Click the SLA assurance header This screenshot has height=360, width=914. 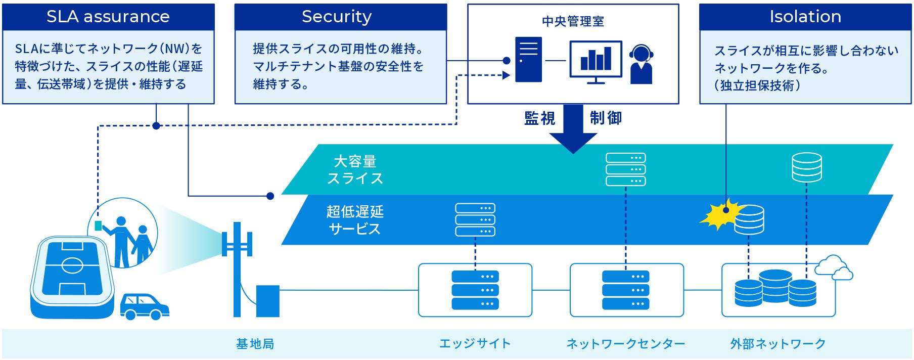click(108, 17)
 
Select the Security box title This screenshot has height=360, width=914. click(337, 17)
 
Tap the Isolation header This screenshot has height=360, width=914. click(805, 17)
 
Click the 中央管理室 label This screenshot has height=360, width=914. click(573, 21)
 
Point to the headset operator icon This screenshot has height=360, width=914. click(641, 64)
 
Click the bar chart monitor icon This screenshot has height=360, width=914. click(596, 62)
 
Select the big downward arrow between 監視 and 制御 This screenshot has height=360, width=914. click(573, 129)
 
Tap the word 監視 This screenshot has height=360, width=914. click(539, 118)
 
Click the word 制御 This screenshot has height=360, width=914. click(606, 118)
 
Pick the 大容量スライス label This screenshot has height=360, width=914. click(355, 170)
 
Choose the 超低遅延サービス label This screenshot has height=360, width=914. click(355, 220)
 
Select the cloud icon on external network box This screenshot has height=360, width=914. click(834, 268)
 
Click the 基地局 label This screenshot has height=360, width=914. click(255, 344)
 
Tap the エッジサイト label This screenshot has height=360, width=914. click(475, 344)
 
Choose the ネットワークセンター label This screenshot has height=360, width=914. click(626, 344)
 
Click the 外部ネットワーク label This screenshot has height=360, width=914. click(778, 344)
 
